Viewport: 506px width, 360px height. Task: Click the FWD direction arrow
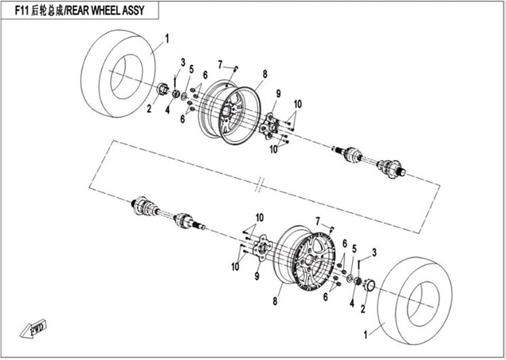33,328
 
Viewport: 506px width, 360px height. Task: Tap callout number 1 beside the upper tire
167,39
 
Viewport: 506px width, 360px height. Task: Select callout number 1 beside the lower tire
366,335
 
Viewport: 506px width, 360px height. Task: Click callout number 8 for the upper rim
265,75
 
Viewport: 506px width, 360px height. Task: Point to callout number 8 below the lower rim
275,301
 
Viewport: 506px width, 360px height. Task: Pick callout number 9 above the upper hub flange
278,94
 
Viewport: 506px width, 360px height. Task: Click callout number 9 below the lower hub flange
257,276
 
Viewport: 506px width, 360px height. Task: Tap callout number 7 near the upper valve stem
220,65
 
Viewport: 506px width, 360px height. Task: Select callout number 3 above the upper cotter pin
183,62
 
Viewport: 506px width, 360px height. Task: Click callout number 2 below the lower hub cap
363,309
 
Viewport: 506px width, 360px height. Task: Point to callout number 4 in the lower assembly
352,303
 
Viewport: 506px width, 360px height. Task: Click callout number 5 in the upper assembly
192,69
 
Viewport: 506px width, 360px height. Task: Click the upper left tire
118,73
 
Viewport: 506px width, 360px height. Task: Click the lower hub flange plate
262,248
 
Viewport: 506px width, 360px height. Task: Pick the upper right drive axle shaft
369,161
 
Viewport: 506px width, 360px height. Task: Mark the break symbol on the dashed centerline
259,185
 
